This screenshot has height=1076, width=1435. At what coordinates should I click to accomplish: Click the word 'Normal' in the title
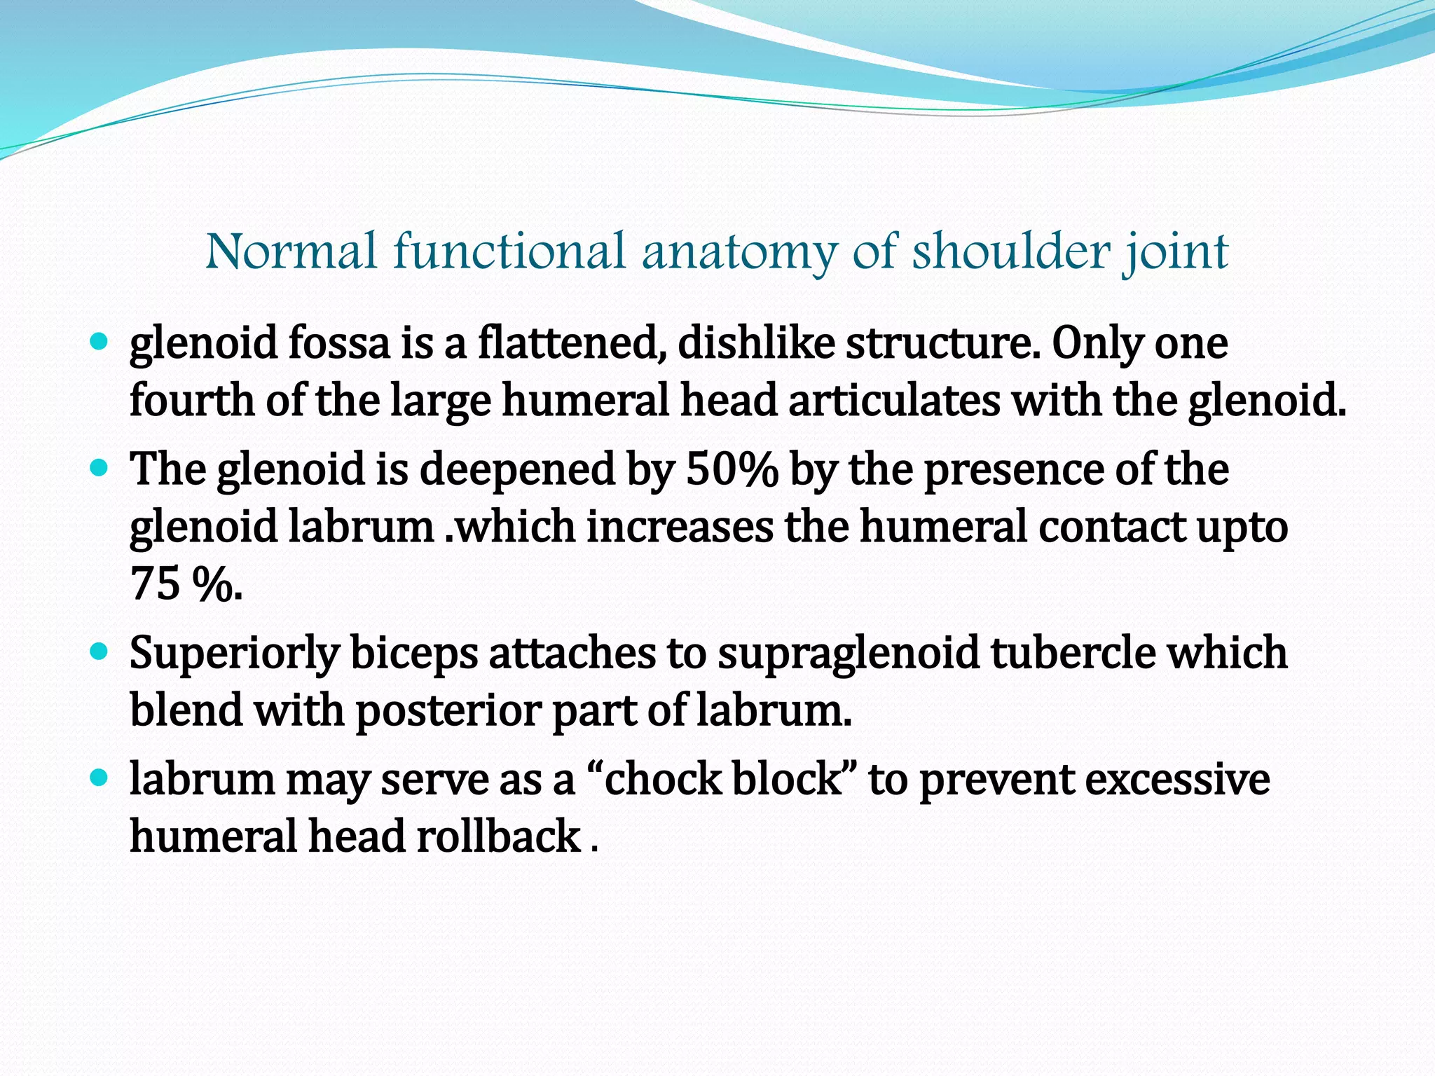pyautogui.click(x=291, y=251)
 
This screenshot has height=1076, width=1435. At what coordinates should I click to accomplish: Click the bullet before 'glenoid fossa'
pyautogui.click(x=99, y=343)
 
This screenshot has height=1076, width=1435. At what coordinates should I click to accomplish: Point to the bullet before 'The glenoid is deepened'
pyautogui.click(x=99, y=468)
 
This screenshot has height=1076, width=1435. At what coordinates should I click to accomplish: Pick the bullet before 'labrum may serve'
pyautogui.click(x=99, y=778)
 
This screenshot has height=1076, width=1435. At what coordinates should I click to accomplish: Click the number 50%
pyautogui.click(x=732, y=469)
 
